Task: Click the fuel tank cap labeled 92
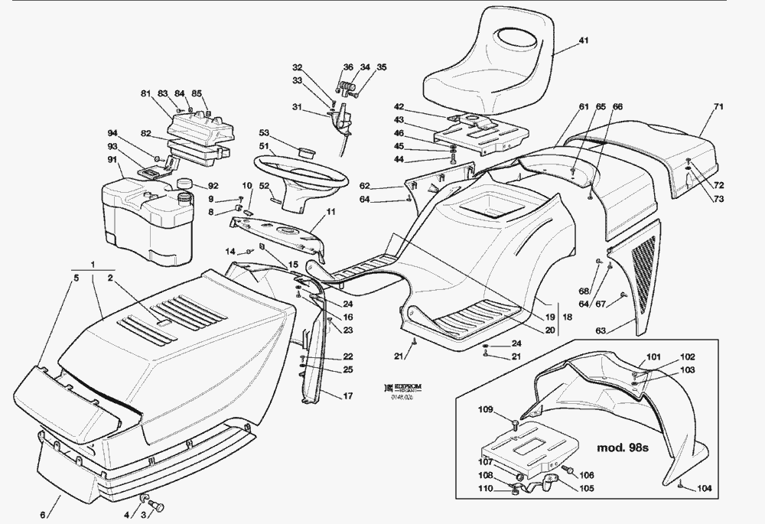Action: tap(183, 184)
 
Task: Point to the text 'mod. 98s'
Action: tap(622, 448)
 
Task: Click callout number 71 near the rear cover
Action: tap(718, 106)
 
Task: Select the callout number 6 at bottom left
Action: tap(43, 514)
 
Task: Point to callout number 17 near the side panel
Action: tap(347, 395)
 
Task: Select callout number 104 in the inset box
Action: tap(704, 488)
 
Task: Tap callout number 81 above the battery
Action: tap(145, 94)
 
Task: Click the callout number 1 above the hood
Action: tap(93, 265)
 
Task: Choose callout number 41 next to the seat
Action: tap(583, 40)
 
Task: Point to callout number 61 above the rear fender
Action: tap(584, 106)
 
